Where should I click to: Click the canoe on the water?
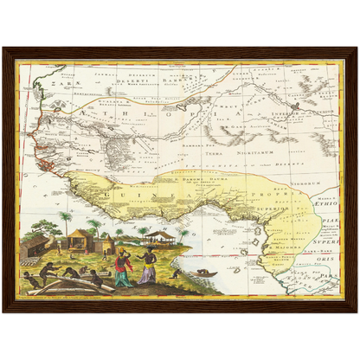click(x=204, y=273)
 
